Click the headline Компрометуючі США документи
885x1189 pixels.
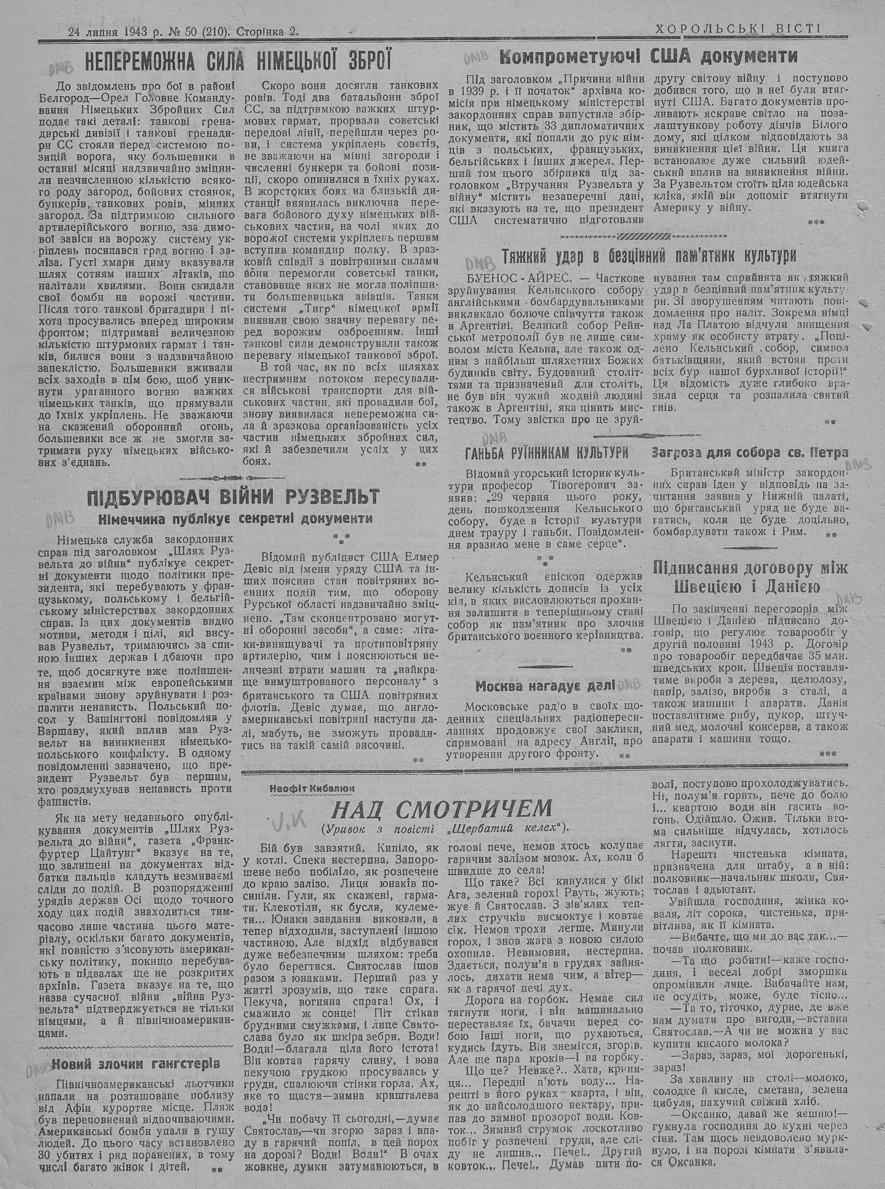pos(648,56)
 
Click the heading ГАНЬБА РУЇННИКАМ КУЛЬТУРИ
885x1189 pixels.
pos(546,453)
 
